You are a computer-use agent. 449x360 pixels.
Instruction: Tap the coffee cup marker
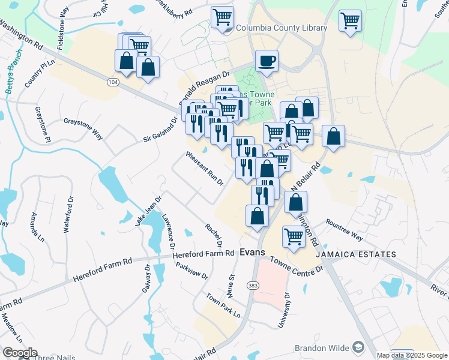coord(267,61)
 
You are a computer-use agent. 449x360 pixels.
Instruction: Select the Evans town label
coord(252,253)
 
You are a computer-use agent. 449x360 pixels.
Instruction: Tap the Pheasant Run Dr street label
coord(205,168)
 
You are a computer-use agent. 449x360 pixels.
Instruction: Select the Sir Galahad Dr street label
coord(161,130)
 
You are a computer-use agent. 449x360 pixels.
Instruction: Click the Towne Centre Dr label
coord(297,265)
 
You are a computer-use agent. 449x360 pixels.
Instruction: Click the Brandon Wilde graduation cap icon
coord(358,347)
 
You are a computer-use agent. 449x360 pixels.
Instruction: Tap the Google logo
coord(19,353)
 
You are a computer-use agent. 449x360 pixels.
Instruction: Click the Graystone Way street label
coord(83,129)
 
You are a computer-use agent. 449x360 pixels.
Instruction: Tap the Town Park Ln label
coord(223,306)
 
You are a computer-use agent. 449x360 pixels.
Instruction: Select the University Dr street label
coord(283,311)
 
